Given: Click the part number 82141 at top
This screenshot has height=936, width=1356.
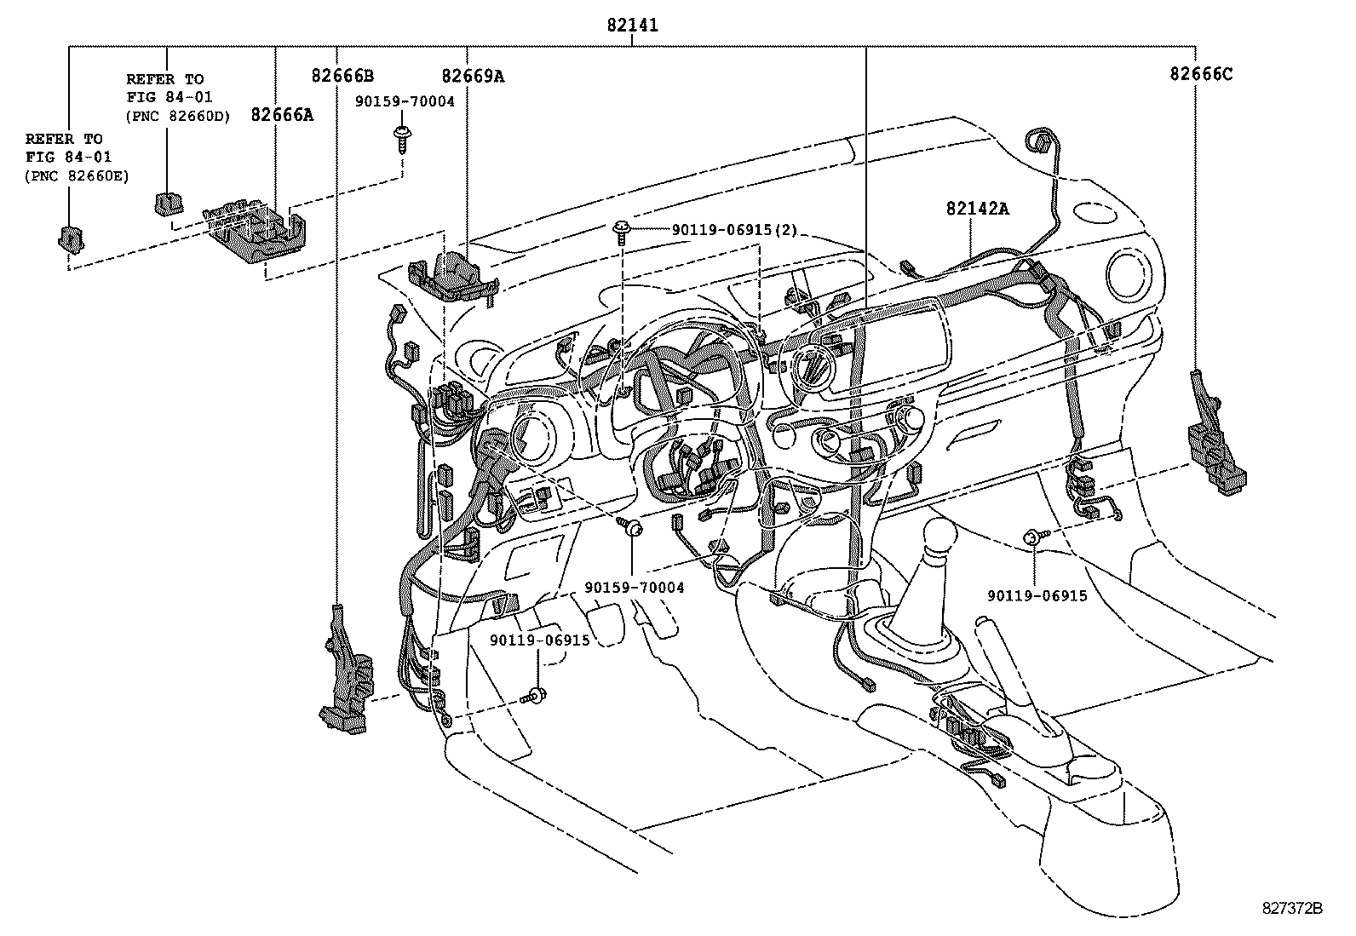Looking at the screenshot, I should (632, 26).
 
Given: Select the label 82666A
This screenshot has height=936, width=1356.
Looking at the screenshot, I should (281, 114).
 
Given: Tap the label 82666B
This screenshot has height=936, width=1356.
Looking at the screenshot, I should (342, 76).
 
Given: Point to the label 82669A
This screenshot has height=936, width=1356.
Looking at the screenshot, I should (473, 76).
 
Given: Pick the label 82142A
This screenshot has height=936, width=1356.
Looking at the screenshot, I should (976, 208).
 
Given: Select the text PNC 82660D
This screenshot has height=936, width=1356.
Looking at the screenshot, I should (178, 117).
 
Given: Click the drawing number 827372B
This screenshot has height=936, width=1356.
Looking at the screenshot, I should (1291, 908).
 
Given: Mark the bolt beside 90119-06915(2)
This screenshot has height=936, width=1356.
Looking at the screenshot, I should (622, 230).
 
